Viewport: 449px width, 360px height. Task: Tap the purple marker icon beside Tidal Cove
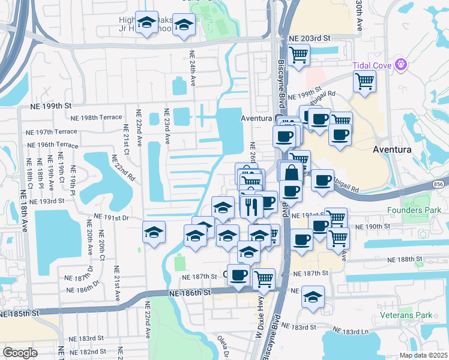click(x=401, y=65)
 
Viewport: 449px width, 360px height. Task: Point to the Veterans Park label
click(x=406, y=315)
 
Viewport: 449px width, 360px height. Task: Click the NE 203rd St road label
click(x=310, y=38)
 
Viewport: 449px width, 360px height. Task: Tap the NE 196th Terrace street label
click(x=53, y=145)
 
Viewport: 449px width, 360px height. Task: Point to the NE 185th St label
click(x=19, y=313)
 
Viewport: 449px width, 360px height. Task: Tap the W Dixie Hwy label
click(x=259, y=309)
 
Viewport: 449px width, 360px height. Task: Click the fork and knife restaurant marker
click(x=249, y=207)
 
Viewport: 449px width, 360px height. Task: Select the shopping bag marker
click(x=291, y=173)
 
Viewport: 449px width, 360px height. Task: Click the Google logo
click(x=20, y=353)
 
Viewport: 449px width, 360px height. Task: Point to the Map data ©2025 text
click(x=423, y=355)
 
